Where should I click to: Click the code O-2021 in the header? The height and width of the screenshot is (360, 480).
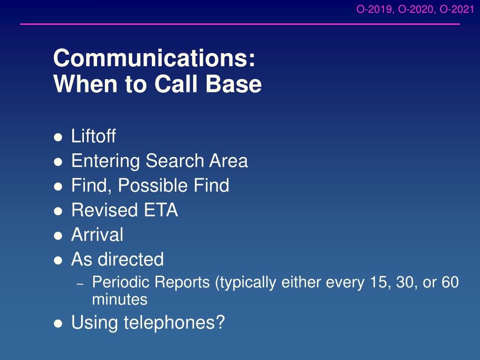coord(457,9)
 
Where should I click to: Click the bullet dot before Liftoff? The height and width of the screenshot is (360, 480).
coord(58,137)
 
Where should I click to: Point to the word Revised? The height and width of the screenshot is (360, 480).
coord(105,210)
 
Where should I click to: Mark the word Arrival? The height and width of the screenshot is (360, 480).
coord(97,235)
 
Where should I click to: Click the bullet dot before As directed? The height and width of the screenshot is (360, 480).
coord(58,261)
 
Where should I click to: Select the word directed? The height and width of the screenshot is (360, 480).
coord(130,259)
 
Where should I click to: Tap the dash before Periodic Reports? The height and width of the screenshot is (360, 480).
coord(80,285)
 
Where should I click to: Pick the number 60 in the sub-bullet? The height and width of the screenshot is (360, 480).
coord(450,282)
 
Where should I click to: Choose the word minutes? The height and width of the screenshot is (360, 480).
coord(120,300)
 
